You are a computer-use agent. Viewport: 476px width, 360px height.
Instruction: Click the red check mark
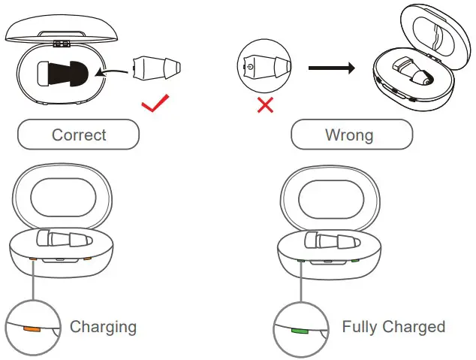coord(156,104)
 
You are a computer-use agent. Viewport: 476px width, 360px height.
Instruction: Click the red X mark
coord(265,104)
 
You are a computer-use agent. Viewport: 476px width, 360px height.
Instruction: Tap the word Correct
coord(79,135)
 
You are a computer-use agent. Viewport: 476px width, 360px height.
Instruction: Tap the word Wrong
coord(349,135)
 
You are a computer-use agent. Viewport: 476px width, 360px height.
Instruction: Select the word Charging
coord(103,327)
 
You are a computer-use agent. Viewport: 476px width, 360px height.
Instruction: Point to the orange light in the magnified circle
coord(32,328)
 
